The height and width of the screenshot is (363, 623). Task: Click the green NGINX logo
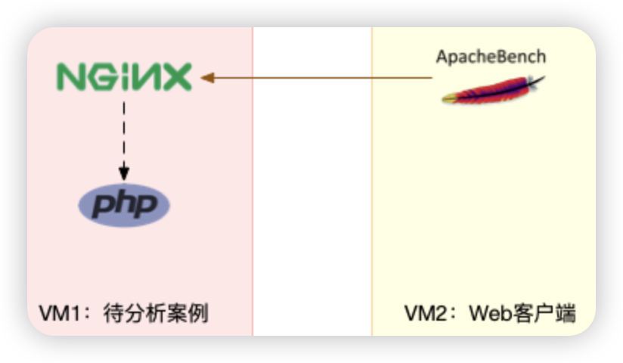pos(124,77)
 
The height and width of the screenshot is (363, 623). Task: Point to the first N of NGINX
pos(71,77)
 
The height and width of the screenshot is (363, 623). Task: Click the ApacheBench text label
pos(491,57)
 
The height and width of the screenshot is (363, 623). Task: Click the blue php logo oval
pos(125,204)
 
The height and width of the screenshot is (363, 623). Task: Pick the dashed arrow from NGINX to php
pos(124,129)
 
